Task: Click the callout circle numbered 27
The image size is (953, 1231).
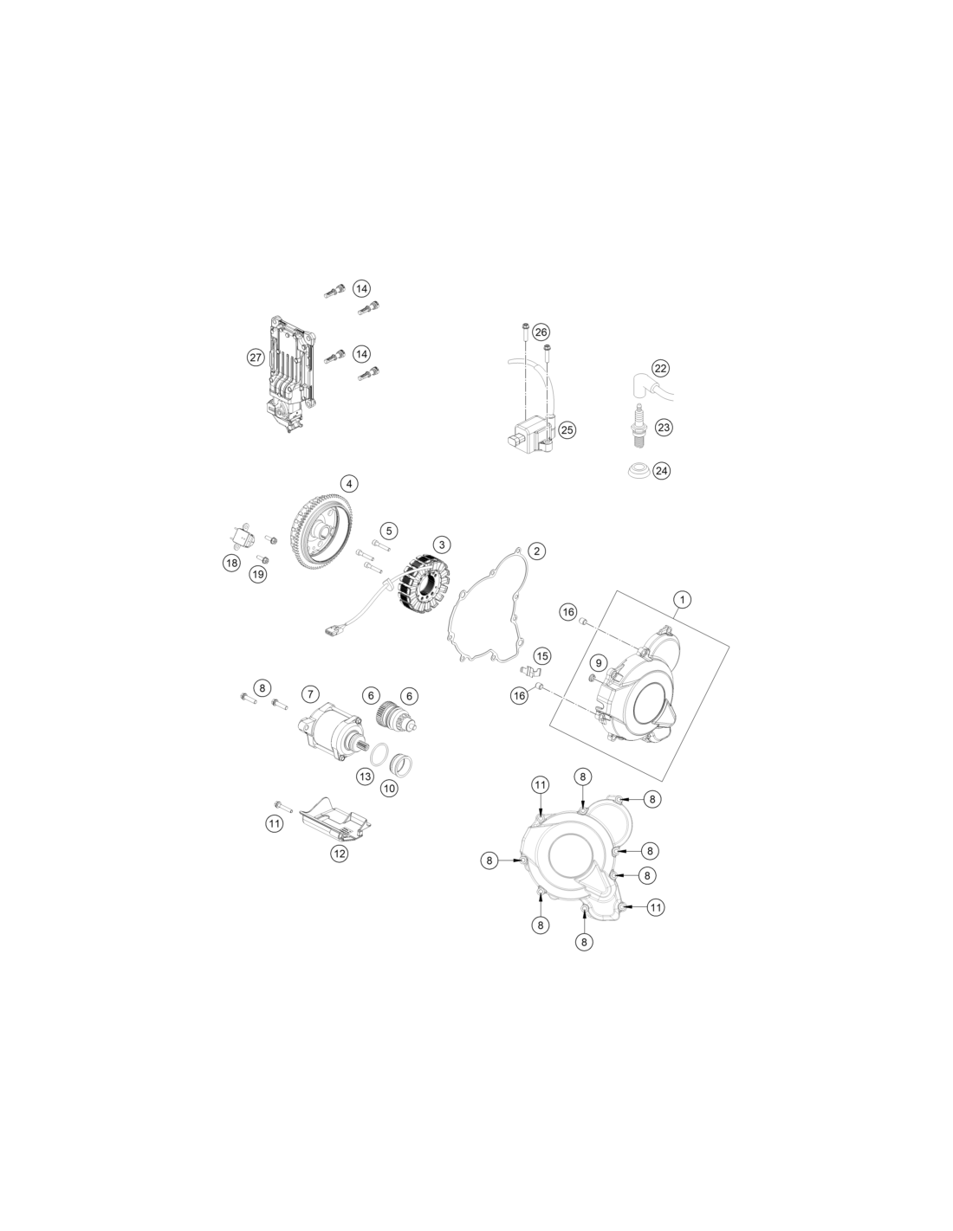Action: (256, 358)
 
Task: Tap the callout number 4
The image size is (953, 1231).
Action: (349, 484)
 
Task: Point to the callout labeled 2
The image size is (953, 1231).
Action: (536, 551)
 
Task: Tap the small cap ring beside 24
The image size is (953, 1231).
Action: (639, 471)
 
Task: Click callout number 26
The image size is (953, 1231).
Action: (541, 332)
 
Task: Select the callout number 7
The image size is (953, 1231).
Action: (310, 693)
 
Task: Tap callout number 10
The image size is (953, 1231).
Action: (389, 788)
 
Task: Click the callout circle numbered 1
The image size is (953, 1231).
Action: (683, 599)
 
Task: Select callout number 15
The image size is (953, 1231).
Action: (542, 656)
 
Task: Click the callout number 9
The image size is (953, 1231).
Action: (598, 662)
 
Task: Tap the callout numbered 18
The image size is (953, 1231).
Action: (231, 563)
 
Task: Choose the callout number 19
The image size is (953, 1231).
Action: (258, 575)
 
